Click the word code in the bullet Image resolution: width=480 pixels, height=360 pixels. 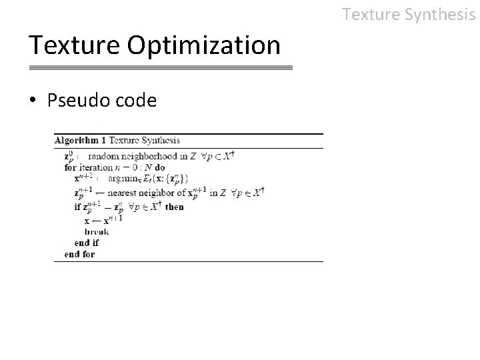tap(136, 101)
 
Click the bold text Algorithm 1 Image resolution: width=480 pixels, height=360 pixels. tap(80, 141)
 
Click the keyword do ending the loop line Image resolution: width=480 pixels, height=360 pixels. tap(159, 167)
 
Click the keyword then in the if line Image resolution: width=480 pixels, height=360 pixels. tap(175, 207)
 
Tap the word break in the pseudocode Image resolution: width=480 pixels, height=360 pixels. tap(97, 231)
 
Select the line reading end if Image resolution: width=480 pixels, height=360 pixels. tap(87, 243)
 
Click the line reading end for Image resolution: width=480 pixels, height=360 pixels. tap(79, 254)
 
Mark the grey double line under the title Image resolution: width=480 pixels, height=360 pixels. tap(161, 68)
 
